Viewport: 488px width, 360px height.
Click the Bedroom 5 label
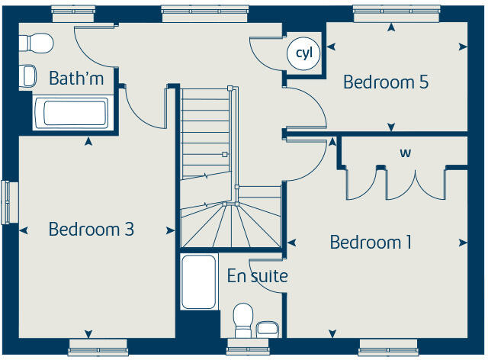point(385,82)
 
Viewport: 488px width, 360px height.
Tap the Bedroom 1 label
point(371,243)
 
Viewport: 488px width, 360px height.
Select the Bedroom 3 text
point(91,229)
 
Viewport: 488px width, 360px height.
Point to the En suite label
point(257,275)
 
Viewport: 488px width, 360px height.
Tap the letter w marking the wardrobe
point(406,153)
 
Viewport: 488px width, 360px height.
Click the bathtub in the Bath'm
point(70,113)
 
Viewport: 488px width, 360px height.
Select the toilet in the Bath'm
point(38,41)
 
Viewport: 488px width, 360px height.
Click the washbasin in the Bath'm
point(29,75)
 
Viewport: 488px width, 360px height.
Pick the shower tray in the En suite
point(199,282)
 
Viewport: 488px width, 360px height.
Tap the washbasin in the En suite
point(267,329)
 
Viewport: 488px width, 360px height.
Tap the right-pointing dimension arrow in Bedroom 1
point(463,243)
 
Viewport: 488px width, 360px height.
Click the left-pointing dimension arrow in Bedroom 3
point(24,229)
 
